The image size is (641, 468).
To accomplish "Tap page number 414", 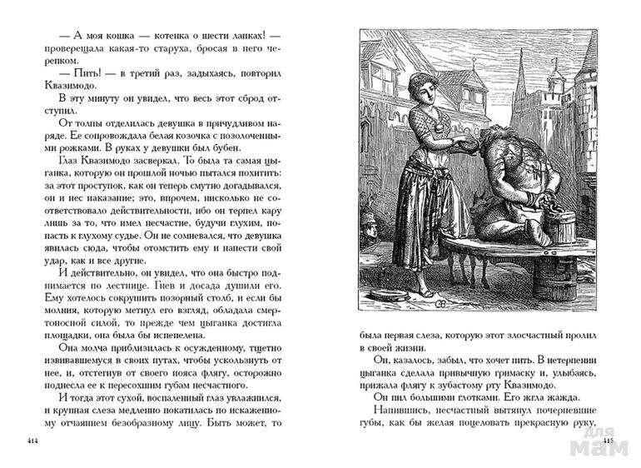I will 32,440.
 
